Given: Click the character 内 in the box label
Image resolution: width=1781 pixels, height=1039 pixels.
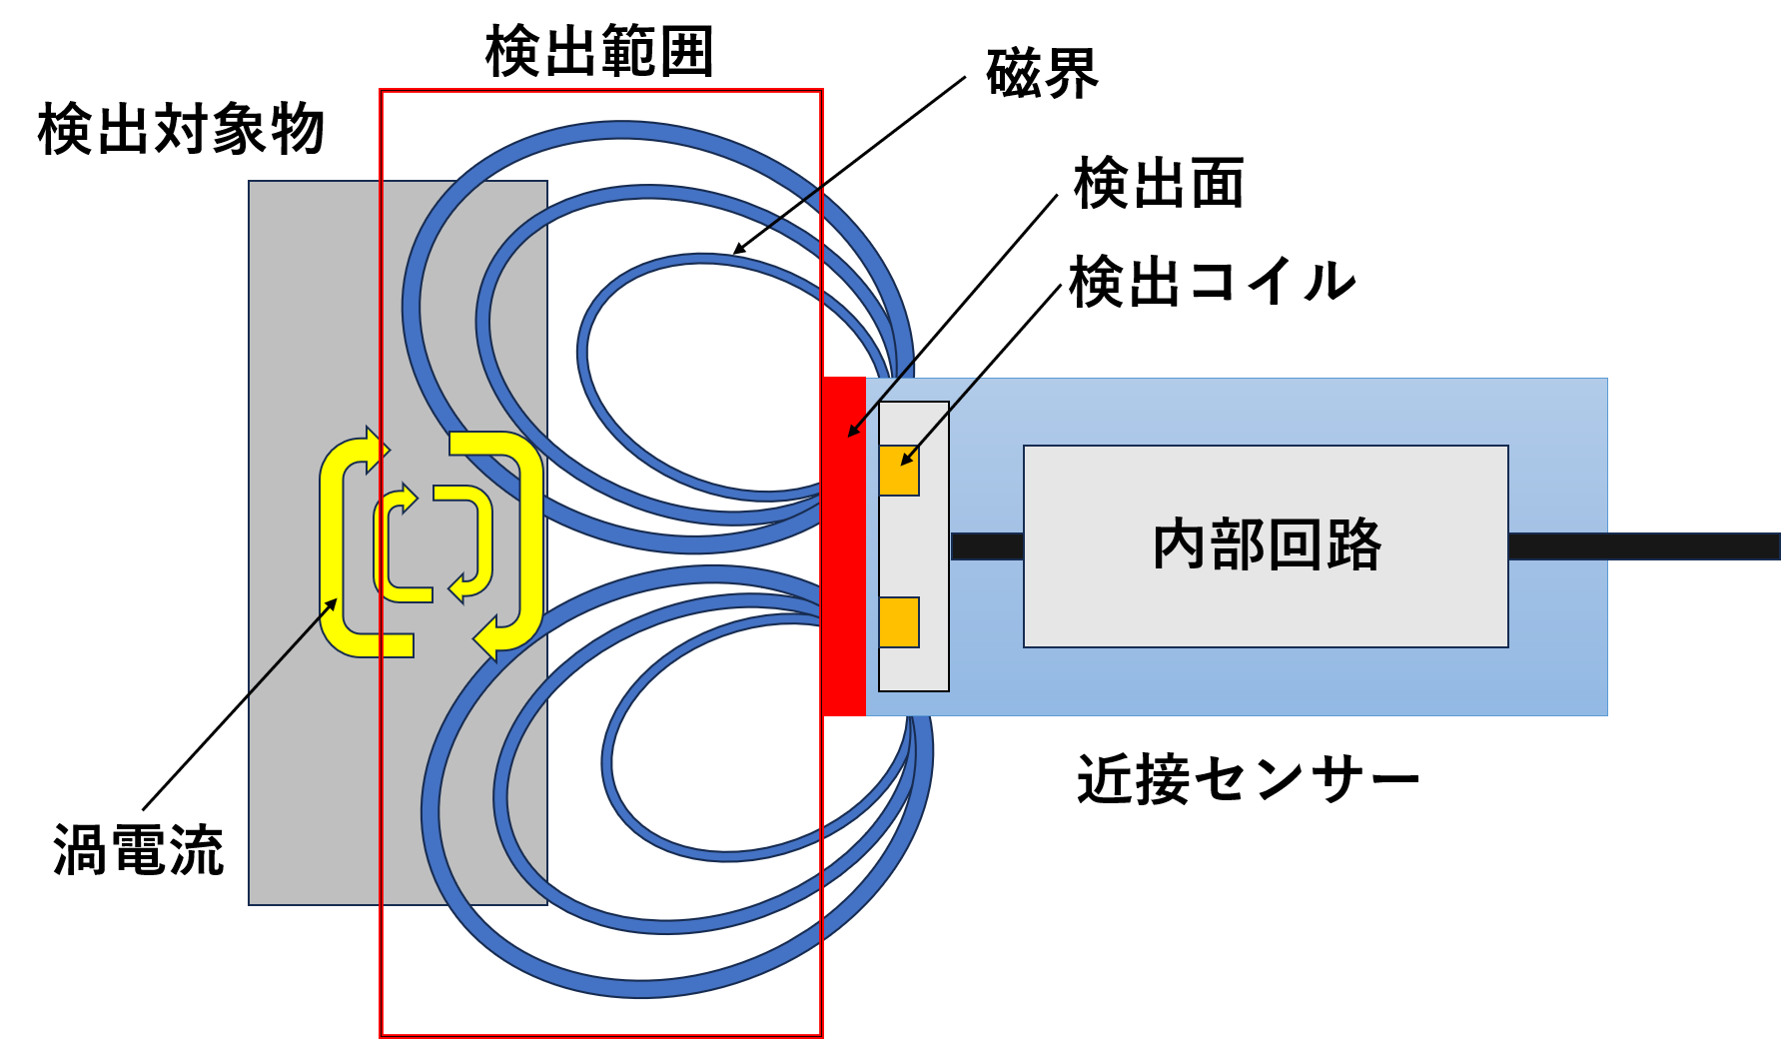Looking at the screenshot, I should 1180,545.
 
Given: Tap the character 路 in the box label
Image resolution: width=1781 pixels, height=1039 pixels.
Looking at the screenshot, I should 1353,545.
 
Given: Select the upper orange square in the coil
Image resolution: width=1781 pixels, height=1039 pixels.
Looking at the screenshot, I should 899,471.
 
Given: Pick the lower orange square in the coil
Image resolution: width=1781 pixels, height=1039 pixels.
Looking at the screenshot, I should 899,622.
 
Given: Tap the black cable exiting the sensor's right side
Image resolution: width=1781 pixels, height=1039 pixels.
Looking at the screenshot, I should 1688,546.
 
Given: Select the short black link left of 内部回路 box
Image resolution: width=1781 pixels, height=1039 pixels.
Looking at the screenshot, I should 987,546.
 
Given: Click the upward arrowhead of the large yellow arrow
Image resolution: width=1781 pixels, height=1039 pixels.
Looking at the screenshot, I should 375,448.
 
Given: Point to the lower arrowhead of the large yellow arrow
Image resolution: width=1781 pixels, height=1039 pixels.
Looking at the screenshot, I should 486,637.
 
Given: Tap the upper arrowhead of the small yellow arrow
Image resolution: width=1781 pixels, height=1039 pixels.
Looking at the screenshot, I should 408,497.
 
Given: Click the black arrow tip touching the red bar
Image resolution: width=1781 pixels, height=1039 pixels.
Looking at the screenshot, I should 851,435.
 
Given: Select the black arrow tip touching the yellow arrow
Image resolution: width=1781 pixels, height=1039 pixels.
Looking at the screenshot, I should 333,601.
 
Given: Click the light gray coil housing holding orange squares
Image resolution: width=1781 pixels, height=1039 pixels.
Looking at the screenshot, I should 914,546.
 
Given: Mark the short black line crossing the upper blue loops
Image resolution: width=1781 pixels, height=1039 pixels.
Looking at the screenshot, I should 795,205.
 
